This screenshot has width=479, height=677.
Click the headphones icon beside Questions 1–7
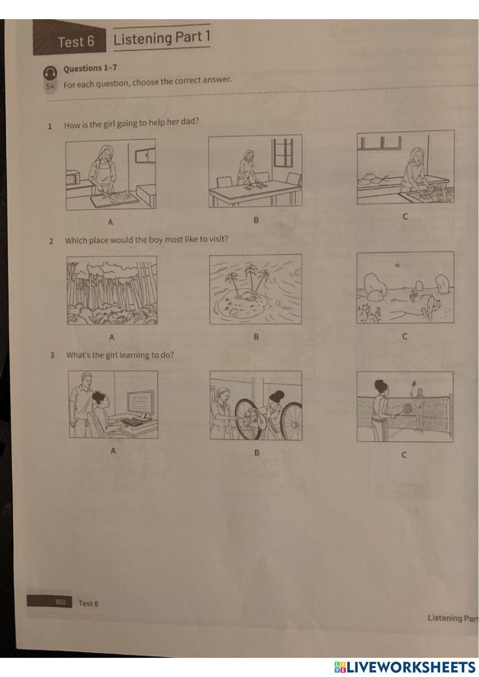tap(50, 73)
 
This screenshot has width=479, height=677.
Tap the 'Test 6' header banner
tap(69, 38)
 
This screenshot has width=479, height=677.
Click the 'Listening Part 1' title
tap(161, 38)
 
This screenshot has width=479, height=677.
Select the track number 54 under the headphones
tap(50, 86)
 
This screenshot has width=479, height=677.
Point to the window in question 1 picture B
tap(283, 153)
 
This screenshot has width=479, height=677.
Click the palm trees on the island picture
tap(248, 279)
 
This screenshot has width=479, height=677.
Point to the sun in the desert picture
tap(397, 265)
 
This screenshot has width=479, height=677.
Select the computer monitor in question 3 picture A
tap(140, 405)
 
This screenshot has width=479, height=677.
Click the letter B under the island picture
tap(256, 337)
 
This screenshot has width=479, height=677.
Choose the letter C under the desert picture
tap(405, 336)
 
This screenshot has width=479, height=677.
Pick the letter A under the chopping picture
tap(111, 222)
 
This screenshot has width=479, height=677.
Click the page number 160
tap(60, 602)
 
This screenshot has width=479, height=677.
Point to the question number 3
tap(52, 355)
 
